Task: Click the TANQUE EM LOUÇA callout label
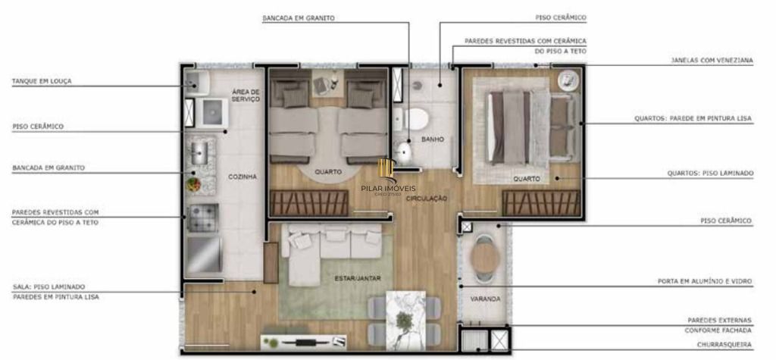pos(42,80)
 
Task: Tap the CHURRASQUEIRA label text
pos(724,345)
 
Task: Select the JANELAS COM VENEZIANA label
pos(712,60)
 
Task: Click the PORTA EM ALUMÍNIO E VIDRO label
pos(705,281)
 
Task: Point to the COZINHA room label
pos(242,177)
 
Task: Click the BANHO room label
pos(432,140)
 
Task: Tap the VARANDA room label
pos(485,299)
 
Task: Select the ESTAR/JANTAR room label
pos(358,279)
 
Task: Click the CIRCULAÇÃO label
pos(427,199)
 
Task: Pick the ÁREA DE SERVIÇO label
pos(246,95)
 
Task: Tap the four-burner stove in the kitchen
pos(202,218)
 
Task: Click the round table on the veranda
pos(484,258)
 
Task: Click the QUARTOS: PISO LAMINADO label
pos(710,173)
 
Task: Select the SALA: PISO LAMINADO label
pos(48,286)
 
